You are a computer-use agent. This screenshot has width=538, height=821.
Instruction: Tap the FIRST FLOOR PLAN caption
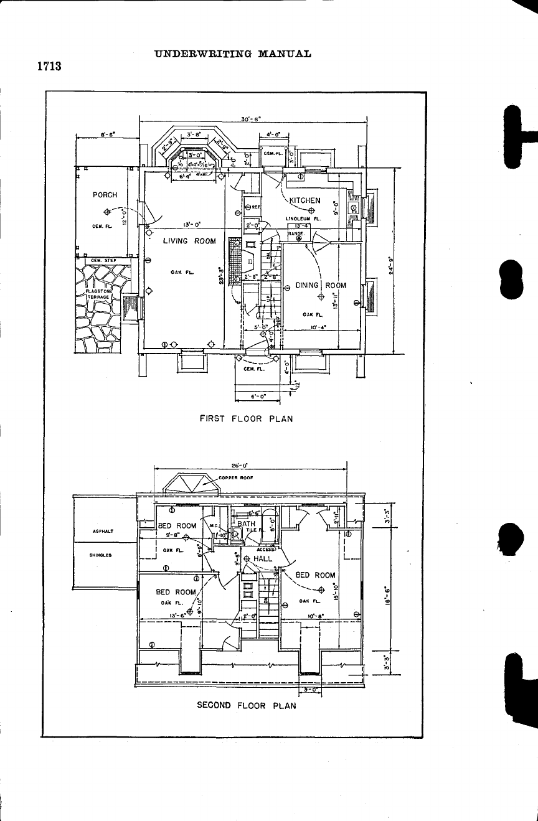[x=246, y=419]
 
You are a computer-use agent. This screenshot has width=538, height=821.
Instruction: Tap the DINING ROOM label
[x=321, y=286]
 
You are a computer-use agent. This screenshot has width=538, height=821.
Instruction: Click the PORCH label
[x=105, y=195]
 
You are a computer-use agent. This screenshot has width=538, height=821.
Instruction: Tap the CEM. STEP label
[x=103, y=260]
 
